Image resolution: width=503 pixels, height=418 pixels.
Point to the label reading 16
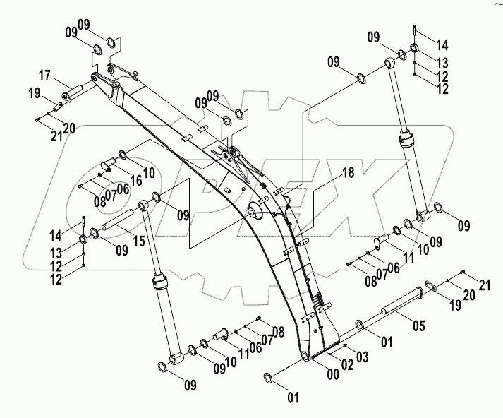[136, 181]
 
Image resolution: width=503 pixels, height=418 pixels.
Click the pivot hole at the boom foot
[304, 357]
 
